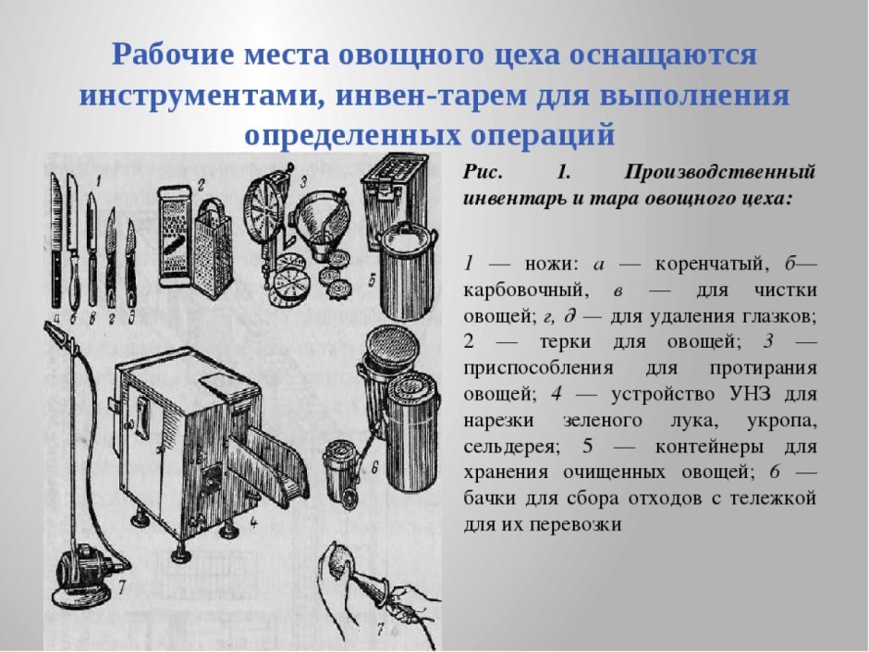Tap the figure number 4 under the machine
pyautogui.click(x=252, y=527)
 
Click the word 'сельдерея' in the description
pyautogui.click(x=511, y=447)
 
